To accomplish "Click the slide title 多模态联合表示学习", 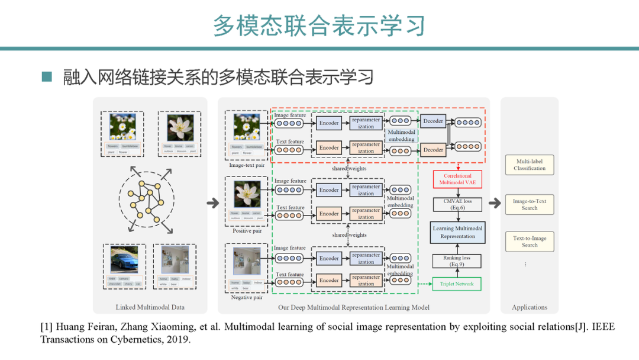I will coord(319,25).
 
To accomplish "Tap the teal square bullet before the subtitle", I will coord(47,77).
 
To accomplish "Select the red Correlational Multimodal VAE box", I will coord(458,179).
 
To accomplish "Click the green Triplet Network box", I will coord(457,284).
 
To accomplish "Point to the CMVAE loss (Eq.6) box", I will coord(458,204).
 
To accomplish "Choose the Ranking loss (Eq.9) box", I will coord(458,261).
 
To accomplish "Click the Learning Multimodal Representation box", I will coord(458,232).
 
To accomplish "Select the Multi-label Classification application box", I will coord(530,165).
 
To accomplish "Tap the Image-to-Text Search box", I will coord(530,204).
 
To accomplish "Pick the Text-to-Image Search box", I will coord(530,242).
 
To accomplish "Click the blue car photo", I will coord(124,259).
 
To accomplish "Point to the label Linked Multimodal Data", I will coord(150,307).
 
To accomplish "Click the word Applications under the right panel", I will coord(530,307).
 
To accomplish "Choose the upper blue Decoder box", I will coord(433,121).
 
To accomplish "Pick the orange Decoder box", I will coord(433,150).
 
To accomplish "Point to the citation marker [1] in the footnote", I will coord(46,327).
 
